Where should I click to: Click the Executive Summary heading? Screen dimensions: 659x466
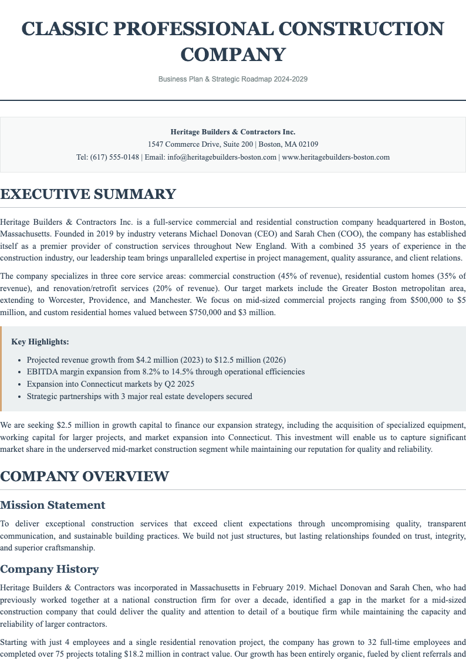pyautogui.click(x=88, y=194)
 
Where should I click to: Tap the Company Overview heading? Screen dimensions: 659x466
pyautogui.click(x=85, y=476)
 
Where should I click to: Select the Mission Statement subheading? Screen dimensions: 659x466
pyautogui.click(x=53, y=505)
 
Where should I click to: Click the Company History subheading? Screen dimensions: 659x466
pyautogui.click(x=49, y=569)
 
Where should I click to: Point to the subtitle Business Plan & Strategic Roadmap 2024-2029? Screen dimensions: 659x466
pyautogui.click(x=233, y=79)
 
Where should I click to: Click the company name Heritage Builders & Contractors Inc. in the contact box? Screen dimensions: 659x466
pyautogui.click(x=233, y=132)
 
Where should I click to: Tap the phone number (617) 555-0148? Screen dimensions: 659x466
pyautogui.click(x=114, y=157)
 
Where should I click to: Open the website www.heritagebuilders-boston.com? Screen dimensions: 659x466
pyautogui.click(x=336, y=157)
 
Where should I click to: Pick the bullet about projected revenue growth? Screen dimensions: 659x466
pyautogui.click(x=156, y=359)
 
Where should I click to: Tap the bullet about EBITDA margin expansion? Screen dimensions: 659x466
pyautogui.click(x=166, y=371)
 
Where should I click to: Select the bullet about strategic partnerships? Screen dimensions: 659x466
pyautogui.click(x=139, y=396)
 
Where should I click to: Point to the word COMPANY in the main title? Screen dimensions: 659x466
pyautogui.click(x=233, y=55)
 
